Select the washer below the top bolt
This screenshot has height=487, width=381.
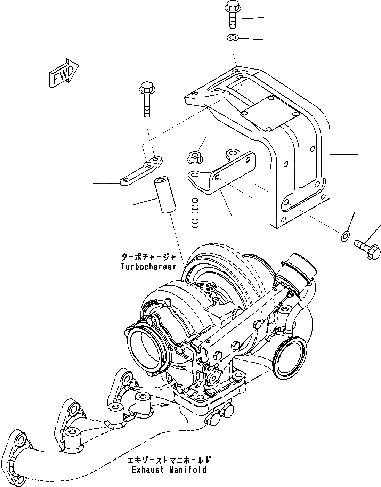[x=232, y=37]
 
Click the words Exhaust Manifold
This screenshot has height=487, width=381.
[x=169, y=470]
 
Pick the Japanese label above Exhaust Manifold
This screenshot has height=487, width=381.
[x=169, y=460]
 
